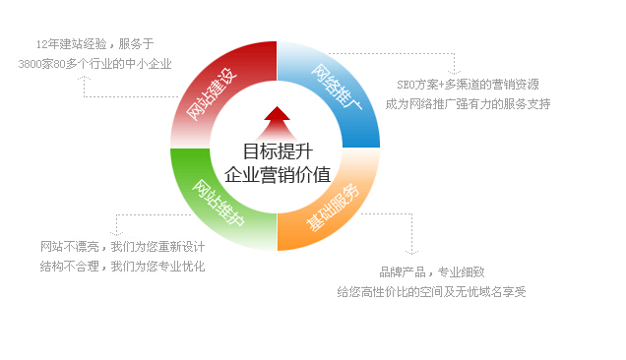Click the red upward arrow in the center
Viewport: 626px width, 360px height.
(277, 122)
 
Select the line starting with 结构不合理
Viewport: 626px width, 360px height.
(122, 266)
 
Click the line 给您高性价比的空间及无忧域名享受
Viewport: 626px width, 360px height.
(431, 291)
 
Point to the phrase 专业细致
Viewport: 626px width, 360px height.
(462, 271)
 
